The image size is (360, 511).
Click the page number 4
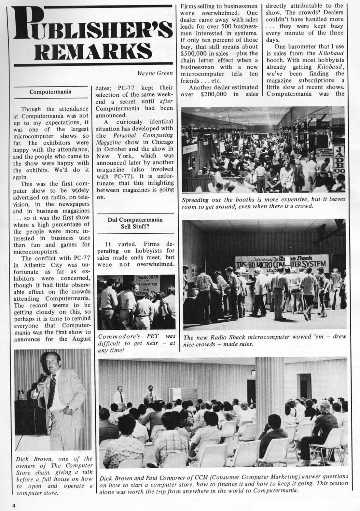[14, 505]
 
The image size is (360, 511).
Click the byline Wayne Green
[155, 73]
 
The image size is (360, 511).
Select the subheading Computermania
[50, 92]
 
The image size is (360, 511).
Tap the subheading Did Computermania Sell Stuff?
[135, 223]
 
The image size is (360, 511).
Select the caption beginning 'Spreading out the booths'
[263, 202]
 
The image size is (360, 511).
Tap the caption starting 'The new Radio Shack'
[265, 340]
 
